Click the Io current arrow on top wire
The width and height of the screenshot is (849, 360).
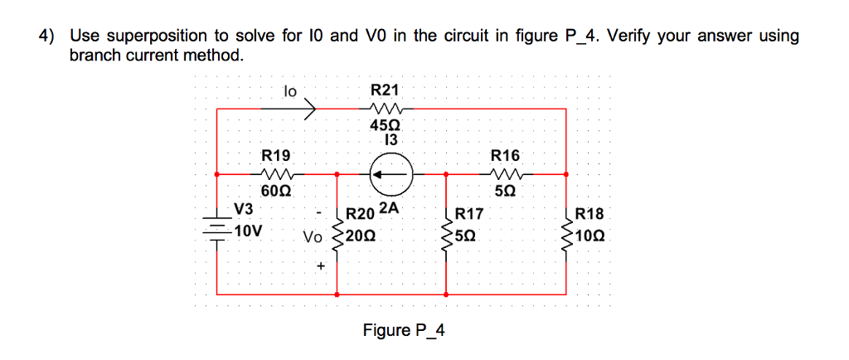click(309, 108)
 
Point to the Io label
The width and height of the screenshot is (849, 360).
click(290, 90)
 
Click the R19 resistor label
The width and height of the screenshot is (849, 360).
click(276, 155)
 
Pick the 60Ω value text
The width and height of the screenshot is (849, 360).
click(276, 191)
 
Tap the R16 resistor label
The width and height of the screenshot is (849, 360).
click(505, 155)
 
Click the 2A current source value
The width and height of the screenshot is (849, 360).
click(390, 208)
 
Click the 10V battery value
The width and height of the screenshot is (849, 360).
click(248, 230)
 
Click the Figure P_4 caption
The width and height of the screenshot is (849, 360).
click(404, 330)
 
